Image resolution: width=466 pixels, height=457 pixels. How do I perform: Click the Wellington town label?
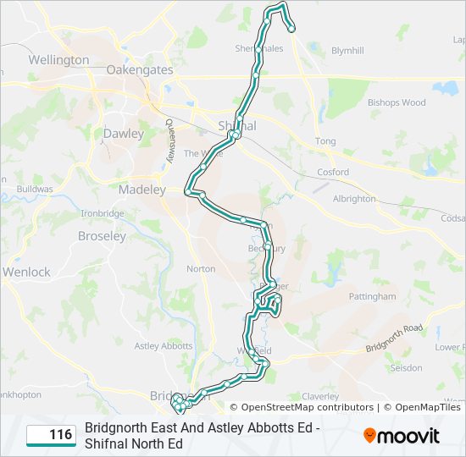[58, 60]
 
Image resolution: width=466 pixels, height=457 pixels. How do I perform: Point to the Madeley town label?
[142, 190]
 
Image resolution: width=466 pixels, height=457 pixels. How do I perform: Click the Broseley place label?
[102, 236]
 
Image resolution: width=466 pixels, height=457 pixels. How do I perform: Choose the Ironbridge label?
[102, 213]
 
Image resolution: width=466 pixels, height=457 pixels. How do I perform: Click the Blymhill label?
[347, 51]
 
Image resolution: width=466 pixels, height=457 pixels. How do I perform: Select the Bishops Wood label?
[397, 103]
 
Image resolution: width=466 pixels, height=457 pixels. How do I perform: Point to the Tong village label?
[325, 141]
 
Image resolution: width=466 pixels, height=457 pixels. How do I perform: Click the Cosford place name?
[332, 172]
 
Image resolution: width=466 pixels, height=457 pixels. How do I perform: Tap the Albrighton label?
[354, 199]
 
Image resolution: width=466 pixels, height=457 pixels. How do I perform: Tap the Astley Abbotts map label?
[164, 345]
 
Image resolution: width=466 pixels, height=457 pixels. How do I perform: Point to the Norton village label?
[201, 269]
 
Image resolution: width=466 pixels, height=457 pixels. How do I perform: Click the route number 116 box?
[50, 435]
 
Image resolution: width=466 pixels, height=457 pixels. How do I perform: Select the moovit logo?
[402, 436]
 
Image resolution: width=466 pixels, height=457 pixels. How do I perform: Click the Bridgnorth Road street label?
[394, 338]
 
